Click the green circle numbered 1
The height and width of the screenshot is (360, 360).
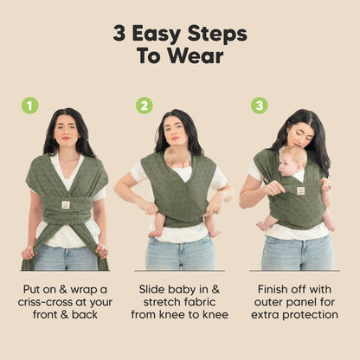coord(30,106)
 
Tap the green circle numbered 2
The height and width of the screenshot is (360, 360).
coord(145,106)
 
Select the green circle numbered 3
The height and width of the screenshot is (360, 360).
coord(260,106)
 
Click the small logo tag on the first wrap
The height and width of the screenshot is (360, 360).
coord(65,204)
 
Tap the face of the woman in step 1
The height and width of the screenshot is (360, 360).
coord(67,131)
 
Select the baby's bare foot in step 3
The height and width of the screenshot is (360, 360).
coord(262,225)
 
